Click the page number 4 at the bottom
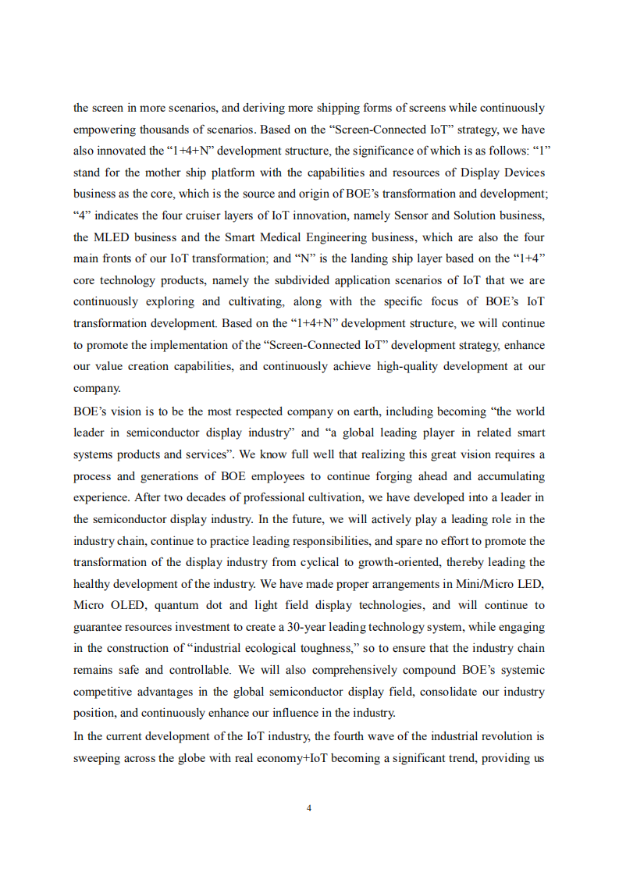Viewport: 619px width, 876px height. [x=309, y=808]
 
